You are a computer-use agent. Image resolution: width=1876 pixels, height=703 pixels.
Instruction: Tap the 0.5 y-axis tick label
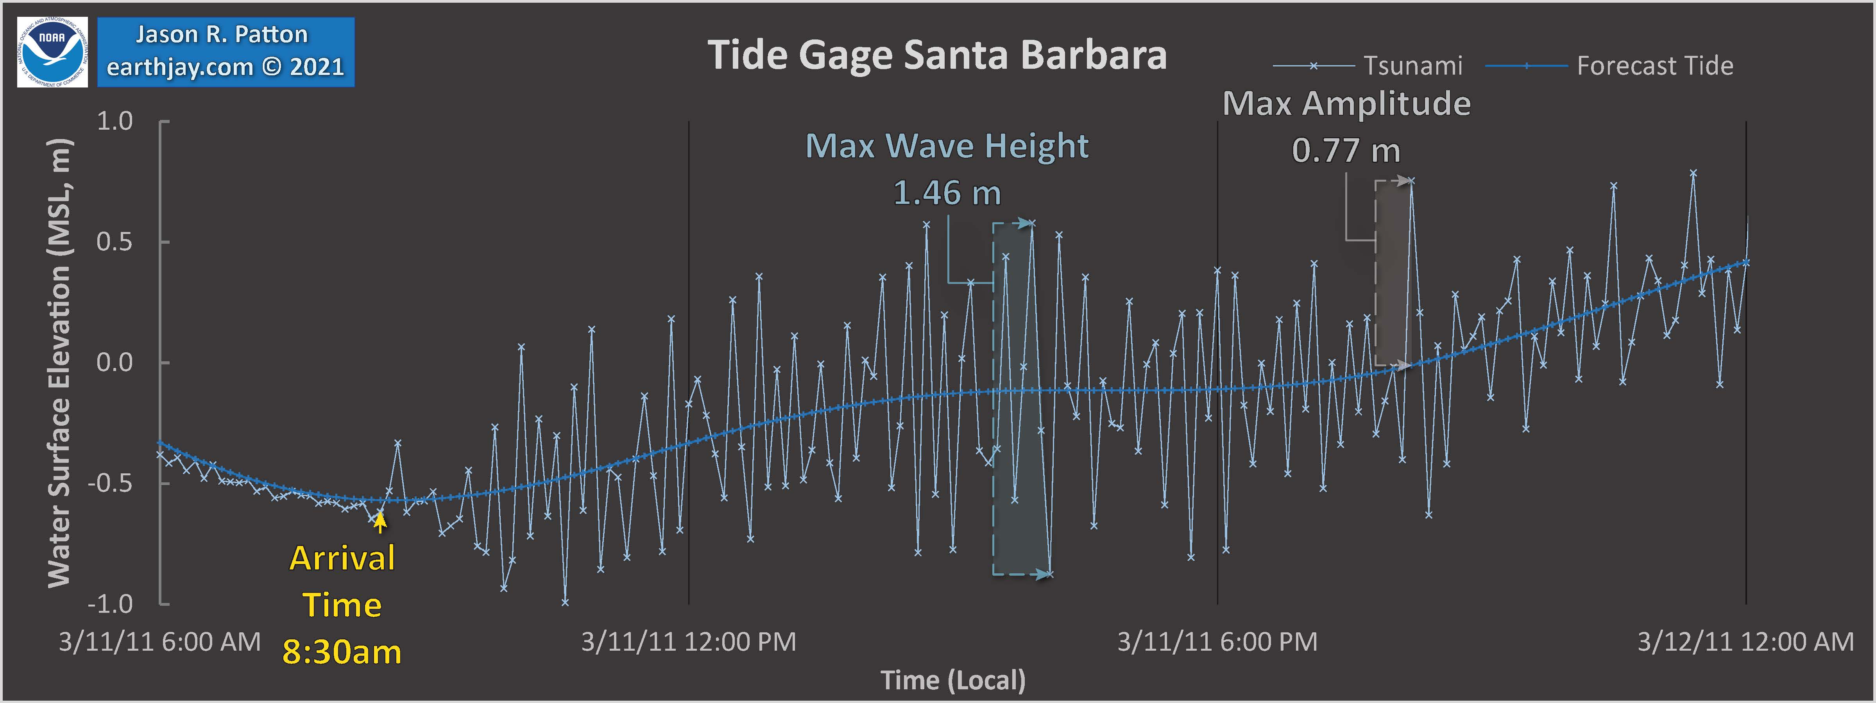click(x=115, y=242)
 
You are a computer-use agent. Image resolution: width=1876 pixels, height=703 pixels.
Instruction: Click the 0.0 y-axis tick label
click(x=115, y=362)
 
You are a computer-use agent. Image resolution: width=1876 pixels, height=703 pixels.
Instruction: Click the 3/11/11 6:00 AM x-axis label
click(x=159, y=642)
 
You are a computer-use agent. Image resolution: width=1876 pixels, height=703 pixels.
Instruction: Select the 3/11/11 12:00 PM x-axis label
click(x=688, y=642)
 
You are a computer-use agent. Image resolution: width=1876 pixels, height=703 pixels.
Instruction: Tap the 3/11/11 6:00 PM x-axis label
click(x=1217, y=642)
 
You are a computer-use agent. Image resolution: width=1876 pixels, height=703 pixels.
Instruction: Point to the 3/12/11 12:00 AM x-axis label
click(x=1745, y=642)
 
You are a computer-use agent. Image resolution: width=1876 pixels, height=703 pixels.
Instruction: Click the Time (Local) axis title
click(x=952, y=680)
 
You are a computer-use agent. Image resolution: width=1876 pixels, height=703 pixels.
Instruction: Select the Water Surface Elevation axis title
click(x=60, y=362)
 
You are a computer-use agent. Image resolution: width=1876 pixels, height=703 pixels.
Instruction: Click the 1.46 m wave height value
click(x=947, y=193)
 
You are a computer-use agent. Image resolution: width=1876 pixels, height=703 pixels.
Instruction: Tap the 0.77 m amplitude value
click(x=1346, y=151)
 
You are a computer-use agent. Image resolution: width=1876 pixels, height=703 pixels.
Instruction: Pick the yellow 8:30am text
click(x=342, y=652)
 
